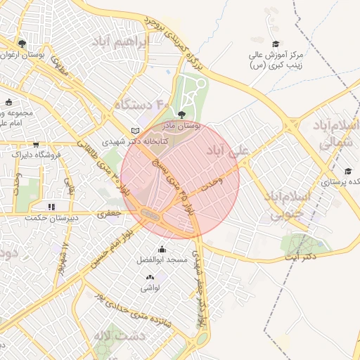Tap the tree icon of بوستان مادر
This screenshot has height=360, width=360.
182,114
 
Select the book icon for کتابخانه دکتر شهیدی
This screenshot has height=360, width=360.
136,130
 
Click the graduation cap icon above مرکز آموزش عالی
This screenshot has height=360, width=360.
275,44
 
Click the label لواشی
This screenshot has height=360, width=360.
150,288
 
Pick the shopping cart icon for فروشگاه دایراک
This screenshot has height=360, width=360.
17,152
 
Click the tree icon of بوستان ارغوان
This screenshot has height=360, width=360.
22,44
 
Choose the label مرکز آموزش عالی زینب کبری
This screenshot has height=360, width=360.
276,60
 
